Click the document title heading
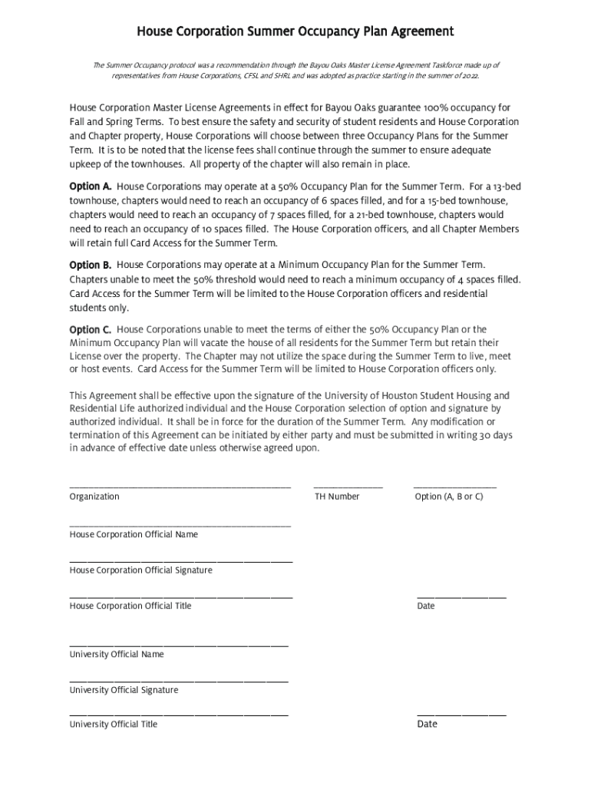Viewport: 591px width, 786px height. (x=295, y=31)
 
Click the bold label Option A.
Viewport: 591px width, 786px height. (x=91, y=187)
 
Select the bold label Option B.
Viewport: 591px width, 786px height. (x=91, y=265)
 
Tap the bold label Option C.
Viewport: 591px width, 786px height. (x=91, y=329)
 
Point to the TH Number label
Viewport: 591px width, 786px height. (x=337, y=497)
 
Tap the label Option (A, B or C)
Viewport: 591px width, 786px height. (x=449, y=497)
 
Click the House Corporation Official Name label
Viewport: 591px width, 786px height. (x=134, y=534)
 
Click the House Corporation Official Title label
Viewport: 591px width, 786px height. (x=130, y=606)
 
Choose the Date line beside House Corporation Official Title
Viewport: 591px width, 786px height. (x=461, y=596)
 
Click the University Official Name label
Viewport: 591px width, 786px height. (x=117, y=655)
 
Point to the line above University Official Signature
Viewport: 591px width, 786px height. (x=179, y=681)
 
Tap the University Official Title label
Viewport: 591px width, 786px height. (x=114, y=725)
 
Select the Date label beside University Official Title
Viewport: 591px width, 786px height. (x=427, y=725)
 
